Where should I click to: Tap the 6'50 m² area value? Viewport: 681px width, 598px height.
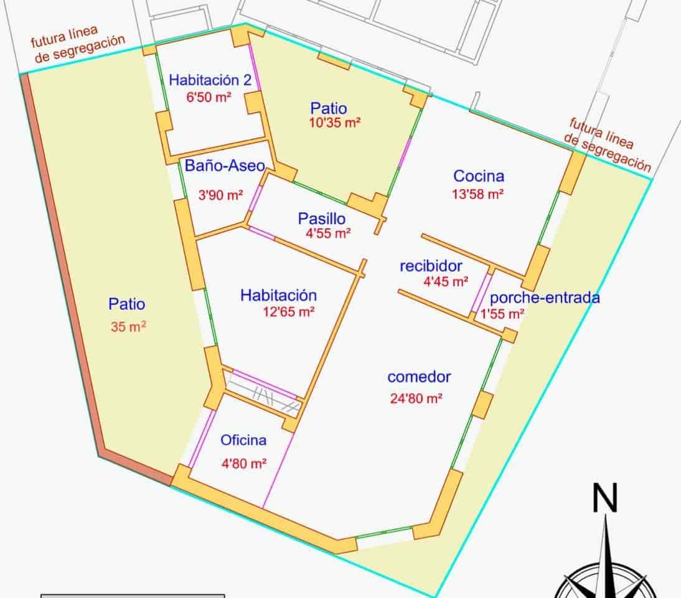tap(209, 97)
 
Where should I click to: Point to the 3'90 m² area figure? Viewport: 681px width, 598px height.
tap(221, 195)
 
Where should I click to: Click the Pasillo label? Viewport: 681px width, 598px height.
tap(321, 218)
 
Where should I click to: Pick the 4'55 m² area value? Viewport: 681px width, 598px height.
tap(328, 234)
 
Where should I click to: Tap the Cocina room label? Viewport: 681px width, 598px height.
tap(479, 176)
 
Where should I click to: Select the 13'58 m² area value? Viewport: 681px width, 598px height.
tap(477, 194)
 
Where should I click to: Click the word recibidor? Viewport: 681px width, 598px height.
tap(431, 266)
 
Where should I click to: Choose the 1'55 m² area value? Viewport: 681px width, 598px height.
tap(502, 314)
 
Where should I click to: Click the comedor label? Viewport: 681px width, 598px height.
tap(419, 377)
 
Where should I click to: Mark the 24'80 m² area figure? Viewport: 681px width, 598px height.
tap(416, 399)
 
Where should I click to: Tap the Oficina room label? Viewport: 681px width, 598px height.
tap(243, 441)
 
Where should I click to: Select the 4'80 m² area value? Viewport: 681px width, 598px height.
tap(244, 463)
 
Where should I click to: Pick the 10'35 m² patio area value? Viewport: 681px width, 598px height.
tap(336, 123)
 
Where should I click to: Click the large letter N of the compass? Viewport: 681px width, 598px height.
tap(604, 498)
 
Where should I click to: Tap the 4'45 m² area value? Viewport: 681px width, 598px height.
tap(446, 282)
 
